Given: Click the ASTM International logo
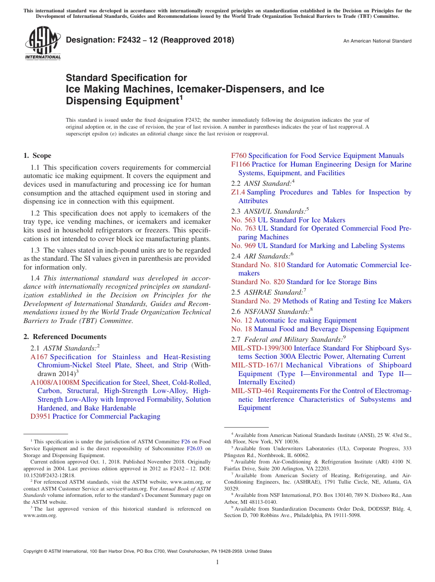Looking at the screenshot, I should [43, 43].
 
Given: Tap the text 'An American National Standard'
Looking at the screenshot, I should [377, 41].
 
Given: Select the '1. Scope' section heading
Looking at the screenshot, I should [38, 156].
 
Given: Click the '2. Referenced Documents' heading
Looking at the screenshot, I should [65, 337].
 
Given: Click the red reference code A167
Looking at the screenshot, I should [39, 357].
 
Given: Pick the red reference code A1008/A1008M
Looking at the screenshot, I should [55, 383].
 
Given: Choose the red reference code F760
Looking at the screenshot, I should [239, 156].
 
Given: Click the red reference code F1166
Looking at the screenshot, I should [240, 164].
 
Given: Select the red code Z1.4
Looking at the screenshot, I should [238, 192].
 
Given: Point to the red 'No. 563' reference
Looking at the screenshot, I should [243, 220].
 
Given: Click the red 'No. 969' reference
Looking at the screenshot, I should [243, 246].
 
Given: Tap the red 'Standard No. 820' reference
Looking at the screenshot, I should [258, 282].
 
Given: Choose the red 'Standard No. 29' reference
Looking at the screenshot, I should [256, 301].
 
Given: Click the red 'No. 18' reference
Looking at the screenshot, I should [241, 329].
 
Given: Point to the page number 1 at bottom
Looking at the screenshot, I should [217, 562].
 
